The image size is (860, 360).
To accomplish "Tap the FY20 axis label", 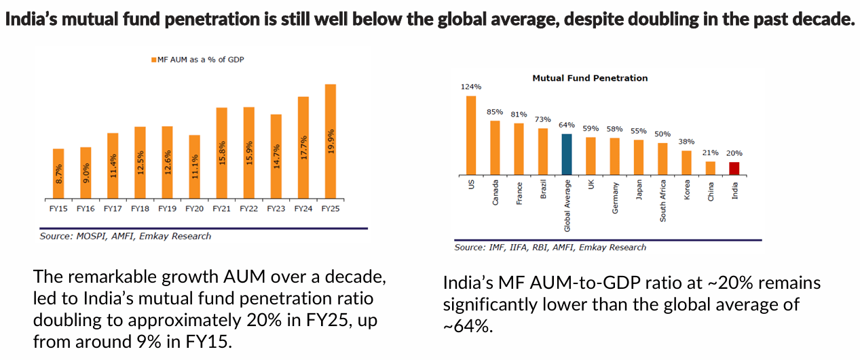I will [x=194, y=209].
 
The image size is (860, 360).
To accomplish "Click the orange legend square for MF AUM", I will [x=153, y=60].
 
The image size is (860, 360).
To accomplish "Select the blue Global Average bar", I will [x=567, y=155].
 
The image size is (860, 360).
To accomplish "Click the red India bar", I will [x=734, y=168].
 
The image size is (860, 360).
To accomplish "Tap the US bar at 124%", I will [x=471, y=135].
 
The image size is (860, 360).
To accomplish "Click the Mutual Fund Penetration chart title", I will [x=589, y=78].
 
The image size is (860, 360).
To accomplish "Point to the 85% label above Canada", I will [x=495, y=112].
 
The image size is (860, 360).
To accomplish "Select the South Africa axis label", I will [x=662, y=201].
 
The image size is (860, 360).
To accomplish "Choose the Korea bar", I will [x=686, y=163].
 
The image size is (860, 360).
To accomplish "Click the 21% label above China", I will [x=710, y=153].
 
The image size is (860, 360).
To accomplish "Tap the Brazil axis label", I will [x=543, y=189].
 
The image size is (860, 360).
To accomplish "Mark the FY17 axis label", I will [x=113, y=209].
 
